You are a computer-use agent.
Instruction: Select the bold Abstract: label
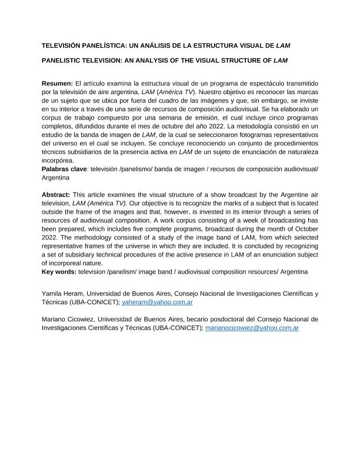pyautogui.click(x=57, y=194)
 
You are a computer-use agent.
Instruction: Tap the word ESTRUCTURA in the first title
pyautogui.click(x=201, y=45)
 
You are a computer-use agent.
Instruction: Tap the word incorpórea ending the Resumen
pyautogui.click(x=58, y=161)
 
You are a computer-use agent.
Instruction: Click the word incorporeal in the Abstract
pyautogui.click(x=68, y=263)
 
